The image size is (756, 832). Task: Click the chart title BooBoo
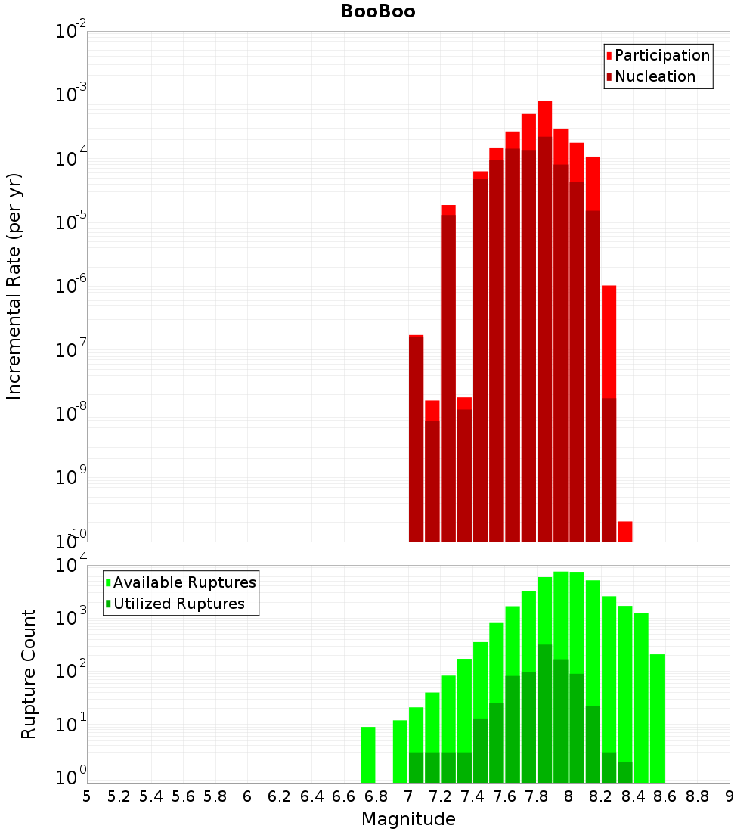click(377, 11)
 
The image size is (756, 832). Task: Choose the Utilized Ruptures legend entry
click(178, 604)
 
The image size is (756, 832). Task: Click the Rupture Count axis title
click(29, 674)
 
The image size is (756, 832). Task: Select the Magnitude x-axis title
click(408, 819)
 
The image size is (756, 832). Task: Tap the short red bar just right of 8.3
click(625, 531)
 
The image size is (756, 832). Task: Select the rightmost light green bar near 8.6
click(657, 719)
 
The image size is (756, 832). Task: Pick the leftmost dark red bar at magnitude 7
click(416, 439)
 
